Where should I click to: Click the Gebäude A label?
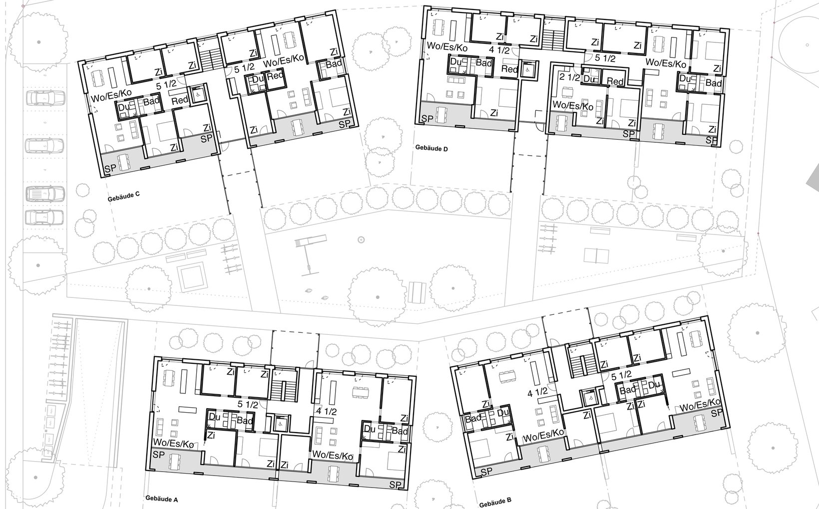pyautogui.click(x=162, y=499)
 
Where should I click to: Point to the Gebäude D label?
pyautogui.click(x=431, y=148)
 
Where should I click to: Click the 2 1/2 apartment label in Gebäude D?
pyautogui.click(x=570, y=77)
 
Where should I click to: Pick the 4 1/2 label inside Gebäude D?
pyautogui.click(x=499, y=50)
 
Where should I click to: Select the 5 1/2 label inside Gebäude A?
pyautogui.click(x=248, y=405)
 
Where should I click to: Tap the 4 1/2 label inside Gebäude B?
pyautogui.click(x=537, y=392)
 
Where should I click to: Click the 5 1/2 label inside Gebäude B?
pyautogui.click(x=622, y=375)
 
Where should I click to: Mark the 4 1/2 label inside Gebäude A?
pyautogui.click(x=327, y=411)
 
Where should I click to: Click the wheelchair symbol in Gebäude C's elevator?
pyautogui.click(x=198, y=93)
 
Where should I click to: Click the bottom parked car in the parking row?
pyautogui.click(x=44, y=218)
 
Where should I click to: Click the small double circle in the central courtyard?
pyautogui.click(x=361, y=240)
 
